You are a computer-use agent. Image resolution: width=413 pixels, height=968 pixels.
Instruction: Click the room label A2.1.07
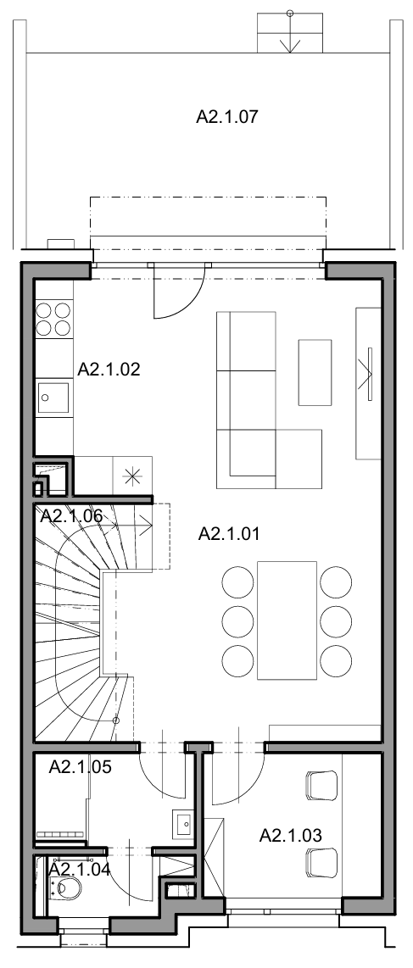(226, 117)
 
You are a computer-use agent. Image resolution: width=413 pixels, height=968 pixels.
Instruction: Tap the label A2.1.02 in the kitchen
(109, 370)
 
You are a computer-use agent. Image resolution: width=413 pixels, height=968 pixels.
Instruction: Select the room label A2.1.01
(228, 533)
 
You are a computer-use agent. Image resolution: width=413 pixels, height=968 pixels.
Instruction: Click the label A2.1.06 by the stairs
(71, 516)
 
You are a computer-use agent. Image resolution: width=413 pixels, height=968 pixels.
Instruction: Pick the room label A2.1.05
(81, 767)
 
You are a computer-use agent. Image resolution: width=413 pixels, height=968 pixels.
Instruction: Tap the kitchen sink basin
(53, 398)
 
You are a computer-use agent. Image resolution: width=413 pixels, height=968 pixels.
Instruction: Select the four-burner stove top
(53, 318)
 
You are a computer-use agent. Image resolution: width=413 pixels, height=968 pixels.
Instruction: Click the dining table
(287, 620)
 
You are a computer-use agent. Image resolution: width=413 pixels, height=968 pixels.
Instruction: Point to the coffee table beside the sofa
(315, 372)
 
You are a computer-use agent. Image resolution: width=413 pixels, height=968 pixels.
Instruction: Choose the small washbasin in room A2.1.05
(184, 823)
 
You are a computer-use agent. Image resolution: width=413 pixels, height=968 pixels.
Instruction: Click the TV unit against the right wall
(368, 383)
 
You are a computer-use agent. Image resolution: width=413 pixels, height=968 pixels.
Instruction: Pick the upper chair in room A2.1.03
(321, 784)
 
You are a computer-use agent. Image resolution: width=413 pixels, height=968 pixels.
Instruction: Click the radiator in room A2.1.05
(60, 834)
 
